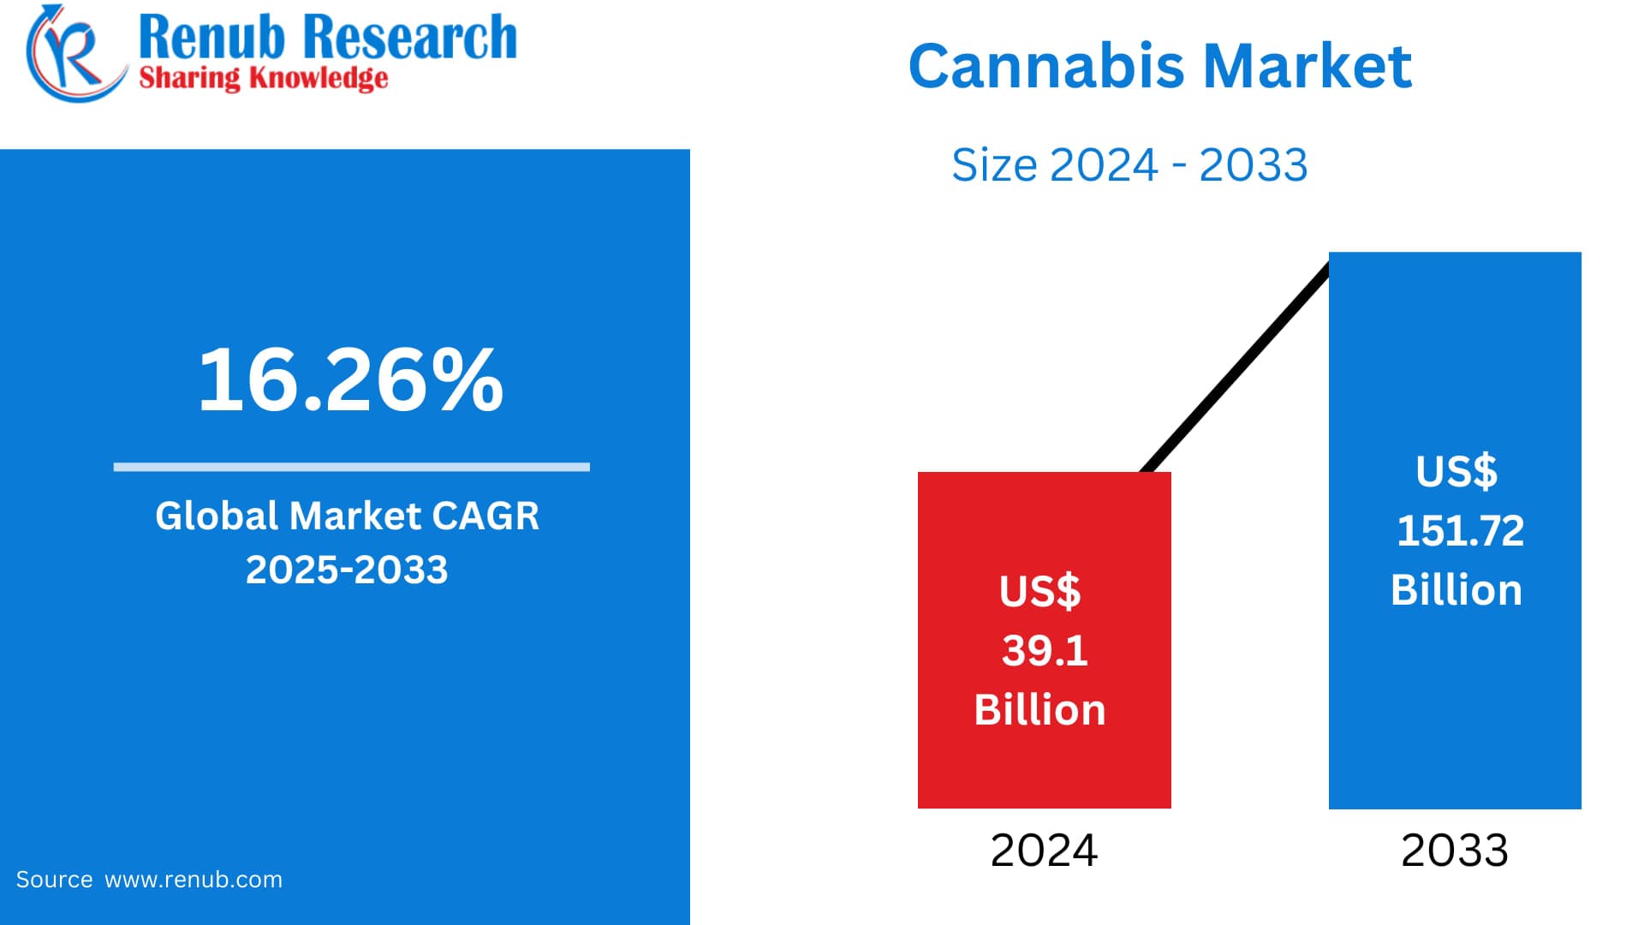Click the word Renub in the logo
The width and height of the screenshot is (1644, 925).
211,38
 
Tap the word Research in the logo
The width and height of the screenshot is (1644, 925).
410,38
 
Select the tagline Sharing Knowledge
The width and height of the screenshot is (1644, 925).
263,78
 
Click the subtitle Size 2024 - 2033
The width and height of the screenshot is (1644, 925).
1129,164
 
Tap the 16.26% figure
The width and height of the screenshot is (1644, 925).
350,379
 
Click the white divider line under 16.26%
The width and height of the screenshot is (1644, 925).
351,467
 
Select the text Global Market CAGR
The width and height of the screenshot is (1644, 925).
347,516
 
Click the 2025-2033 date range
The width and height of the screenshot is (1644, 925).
347,570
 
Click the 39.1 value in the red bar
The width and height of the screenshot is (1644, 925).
1045,651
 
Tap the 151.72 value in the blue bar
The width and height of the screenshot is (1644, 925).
1460,531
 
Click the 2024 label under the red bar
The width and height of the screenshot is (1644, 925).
1044,850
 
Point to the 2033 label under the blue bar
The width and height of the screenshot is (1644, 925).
1454,850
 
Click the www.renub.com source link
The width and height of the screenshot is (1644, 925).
194,880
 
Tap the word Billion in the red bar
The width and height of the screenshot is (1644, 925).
1039,710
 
